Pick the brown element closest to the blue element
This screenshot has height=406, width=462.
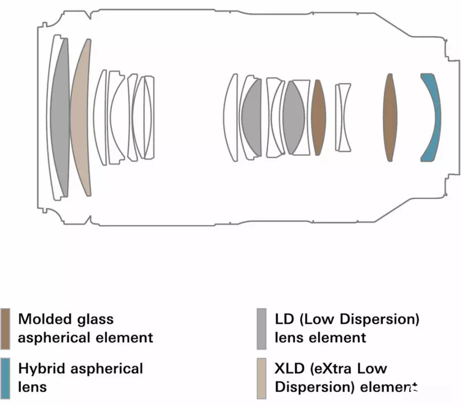(390, 117)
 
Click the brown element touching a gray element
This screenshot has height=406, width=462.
(318, 117)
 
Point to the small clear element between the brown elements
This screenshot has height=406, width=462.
(343, 117)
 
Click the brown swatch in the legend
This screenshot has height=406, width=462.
(5, 327)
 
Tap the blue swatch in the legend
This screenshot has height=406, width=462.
(5, 377)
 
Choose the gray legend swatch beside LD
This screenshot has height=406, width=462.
(261, 327)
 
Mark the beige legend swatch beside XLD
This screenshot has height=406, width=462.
(261, 377)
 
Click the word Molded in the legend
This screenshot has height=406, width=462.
(45, 319)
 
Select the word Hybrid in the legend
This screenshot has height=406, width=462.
(43, 369)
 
